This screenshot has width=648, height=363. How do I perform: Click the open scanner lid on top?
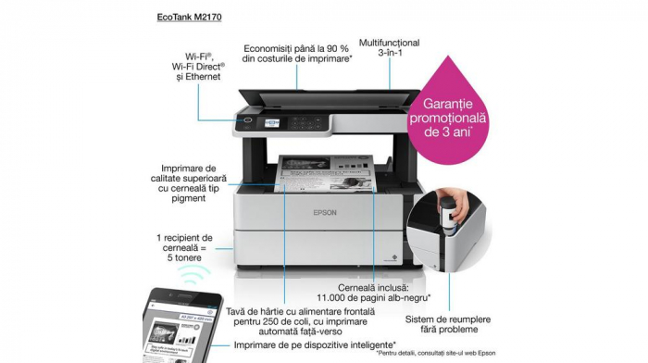[329, 94]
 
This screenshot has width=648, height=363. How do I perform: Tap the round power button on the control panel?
[247, 119]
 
